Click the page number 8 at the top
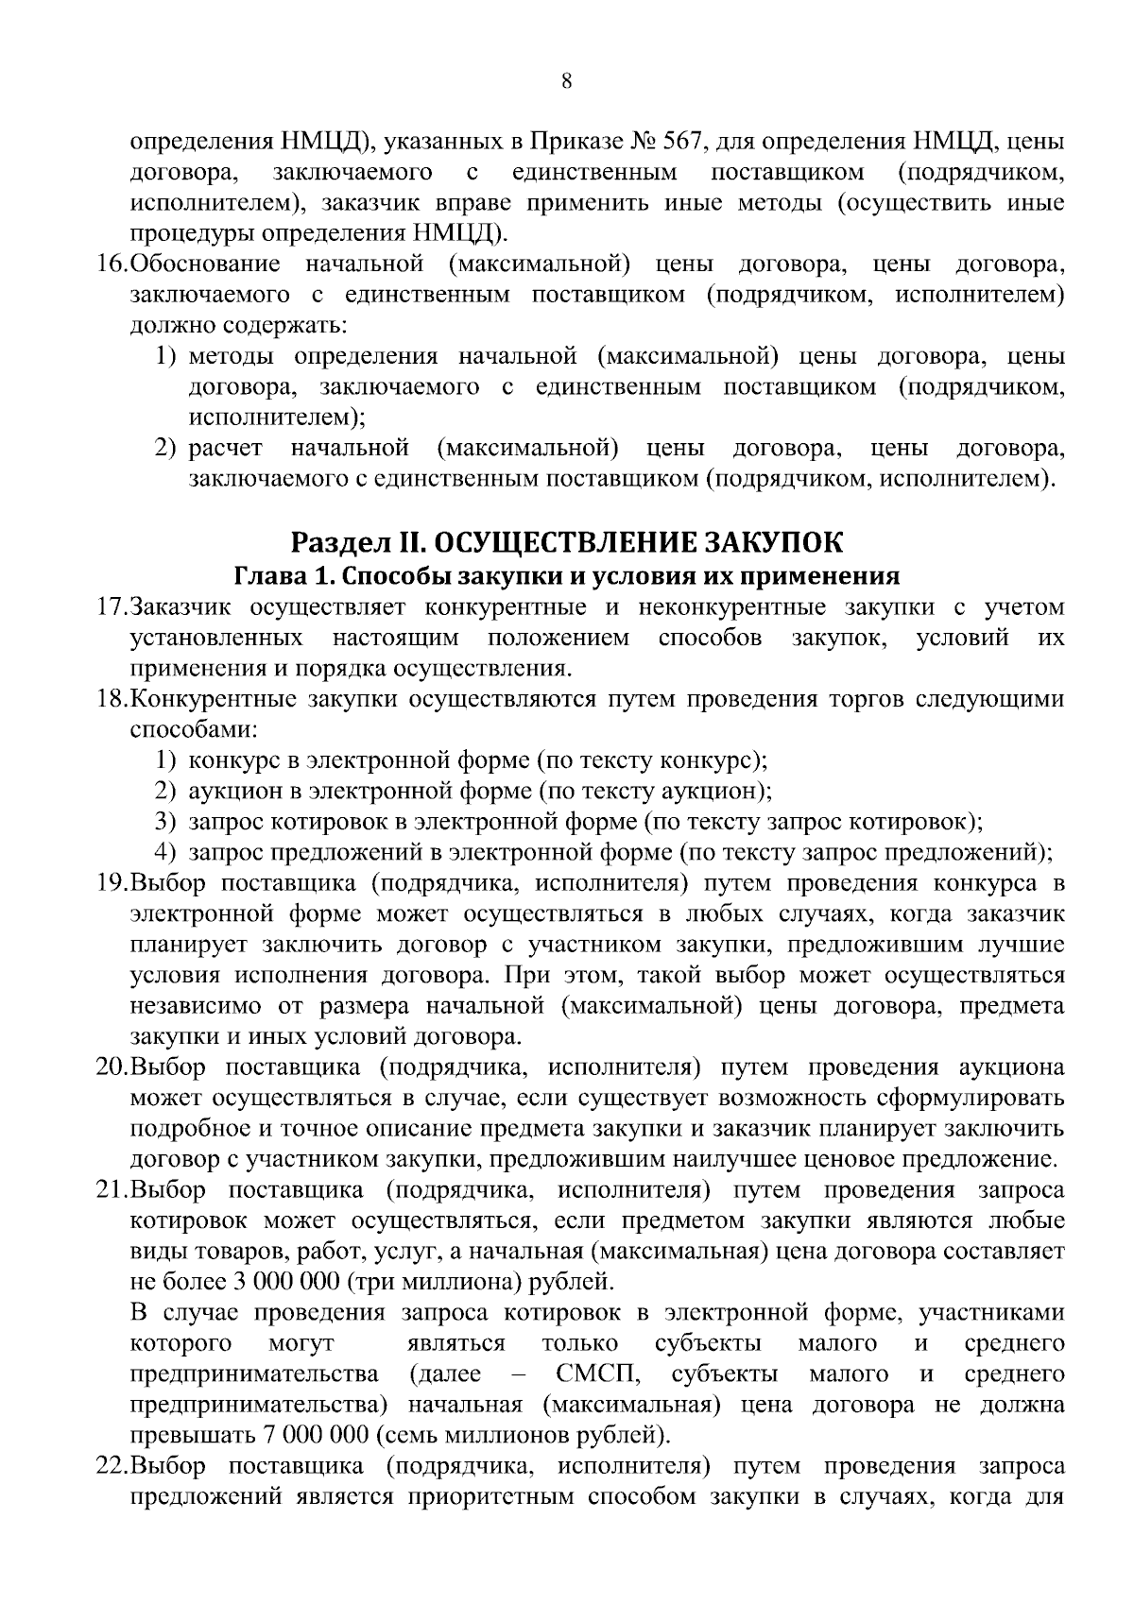[x=566, y=81]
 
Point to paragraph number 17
[x=112, y=606]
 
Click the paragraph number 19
[x=112, y=884]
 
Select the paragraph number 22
[x=112, y=1467]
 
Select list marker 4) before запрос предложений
[x=166, y=852]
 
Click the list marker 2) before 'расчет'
[x=166, y=448]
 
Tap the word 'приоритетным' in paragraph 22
[x=491, y=1497]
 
